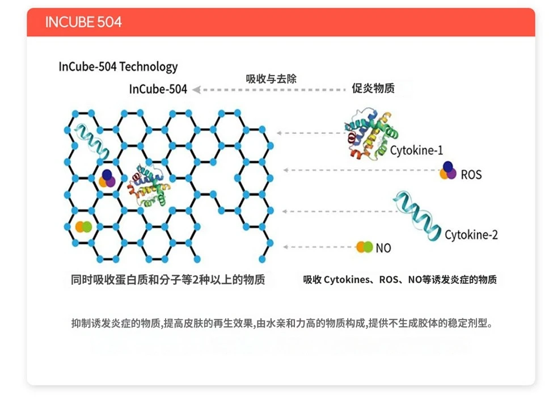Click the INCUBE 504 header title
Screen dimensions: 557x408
[83, 22]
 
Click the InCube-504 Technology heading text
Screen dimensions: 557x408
[118, 67]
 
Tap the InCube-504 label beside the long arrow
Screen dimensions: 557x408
[158, 89]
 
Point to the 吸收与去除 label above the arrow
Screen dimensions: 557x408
[271, 78]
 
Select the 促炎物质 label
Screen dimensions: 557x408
[373, 88]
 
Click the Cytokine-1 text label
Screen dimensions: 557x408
[416, 150]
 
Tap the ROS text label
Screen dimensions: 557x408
[471, 175]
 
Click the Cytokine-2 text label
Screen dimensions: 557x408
[471, 235]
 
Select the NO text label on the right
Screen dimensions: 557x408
[383, 248]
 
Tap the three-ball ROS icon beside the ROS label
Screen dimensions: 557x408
[448, 171]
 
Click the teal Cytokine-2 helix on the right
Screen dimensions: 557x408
[417, 215]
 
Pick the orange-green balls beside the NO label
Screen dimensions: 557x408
[365, 247]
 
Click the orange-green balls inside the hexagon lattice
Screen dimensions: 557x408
[83, 227]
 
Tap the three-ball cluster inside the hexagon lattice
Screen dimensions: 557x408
[107, 179]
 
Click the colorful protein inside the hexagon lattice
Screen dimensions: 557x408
[149, 186]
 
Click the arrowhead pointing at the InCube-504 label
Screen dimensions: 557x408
[196, 90]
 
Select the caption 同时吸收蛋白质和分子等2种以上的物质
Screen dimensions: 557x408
[168, 280]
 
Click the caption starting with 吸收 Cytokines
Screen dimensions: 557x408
[400, 280]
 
